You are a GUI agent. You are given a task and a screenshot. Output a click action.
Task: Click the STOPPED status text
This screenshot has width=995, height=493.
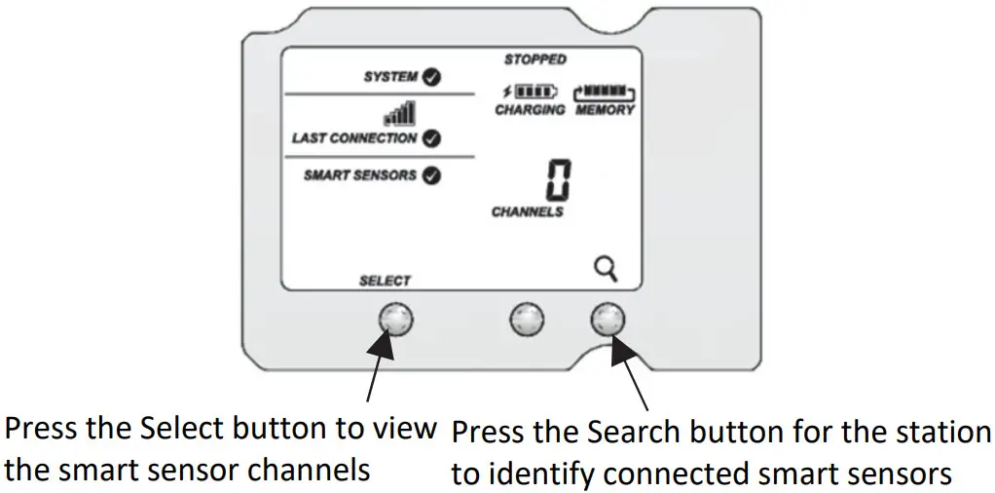[534, 59]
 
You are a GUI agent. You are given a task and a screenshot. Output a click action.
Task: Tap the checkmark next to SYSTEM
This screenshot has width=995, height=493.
[429, 77]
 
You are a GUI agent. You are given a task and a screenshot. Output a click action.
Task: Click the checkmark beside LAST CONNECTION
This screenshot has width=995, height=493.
[431, 138]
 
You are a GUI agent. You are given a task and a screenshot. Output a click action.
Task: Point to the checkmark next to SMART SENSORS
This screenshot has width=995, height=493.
[429, 176]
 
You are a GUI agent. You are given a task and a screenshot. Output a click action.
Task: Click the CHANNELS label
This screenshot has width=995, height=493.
[528, 211]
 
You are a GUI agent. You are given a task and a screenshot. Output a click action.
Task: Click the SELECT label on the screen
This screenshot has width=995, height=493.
[386, 281]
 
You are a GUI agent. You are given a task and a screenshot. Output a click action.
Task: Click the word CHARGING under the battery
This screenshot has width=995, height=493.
[530, 110]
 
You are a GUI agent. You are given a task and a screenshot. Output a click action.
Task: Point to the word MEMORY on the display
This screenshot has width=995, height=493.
[605, 110]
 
